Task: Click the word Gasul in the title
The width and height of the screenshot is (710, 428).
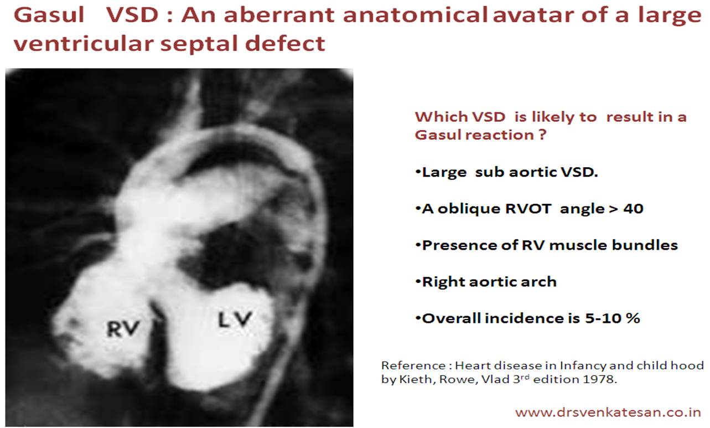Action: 49,15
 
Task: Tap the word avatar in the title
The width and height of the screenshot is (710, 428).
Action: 533,16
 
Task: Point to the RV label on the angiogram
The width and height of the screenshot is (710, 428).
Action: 123,328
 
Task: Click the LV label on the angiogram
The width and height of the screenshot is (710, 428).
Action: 235,319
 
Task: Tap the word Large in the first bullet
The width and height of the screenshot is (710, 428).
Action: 444,173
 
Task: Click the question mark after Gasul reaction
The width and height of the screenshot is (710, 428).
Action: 542,135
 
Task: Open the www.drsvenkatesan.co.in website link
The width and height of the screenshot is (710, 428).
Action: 608,412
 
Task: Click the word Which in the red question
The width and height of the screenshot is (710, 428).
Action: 437,117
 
